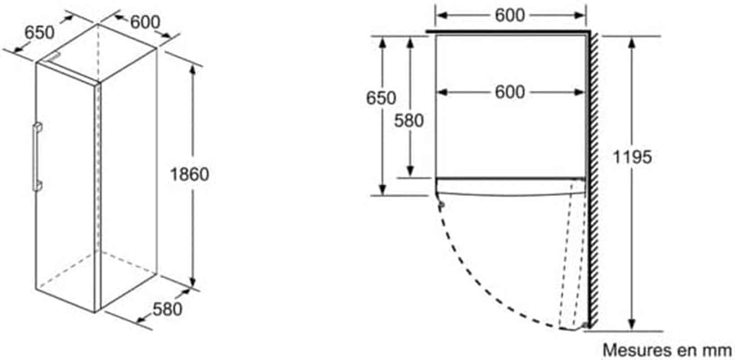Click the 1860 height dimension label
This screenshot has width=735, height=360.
tap(190, 174)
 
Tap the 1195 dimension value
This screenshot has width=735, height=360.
tap(632, 157)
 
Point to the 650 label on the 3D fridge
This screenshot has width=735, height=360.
tap(40, 32)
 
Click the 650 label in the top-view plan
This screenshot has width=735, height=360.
tap(381, 98)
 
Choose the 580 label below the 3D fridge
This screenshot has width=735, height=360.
tap(167, 309)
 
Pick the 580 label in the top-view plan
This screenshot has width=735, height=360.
tap(409, 121)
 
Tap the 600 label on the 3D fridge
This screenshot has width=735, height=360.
tap(145, 22)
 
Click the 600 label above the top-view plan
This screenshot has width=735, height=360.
tap(510, 15)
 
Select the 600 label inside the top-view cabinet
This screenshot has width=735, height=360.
tap(510, 92)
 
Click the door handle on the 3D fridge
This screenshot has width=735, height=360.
tap(37, 157)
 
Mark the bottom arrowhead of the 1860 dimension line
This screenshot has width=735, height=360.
tap(193, 282)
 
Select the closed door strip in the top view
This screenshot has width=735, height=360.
tap(510, 187)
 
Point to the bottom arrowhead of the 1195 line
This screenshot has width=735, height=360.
tap(632, 325)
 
